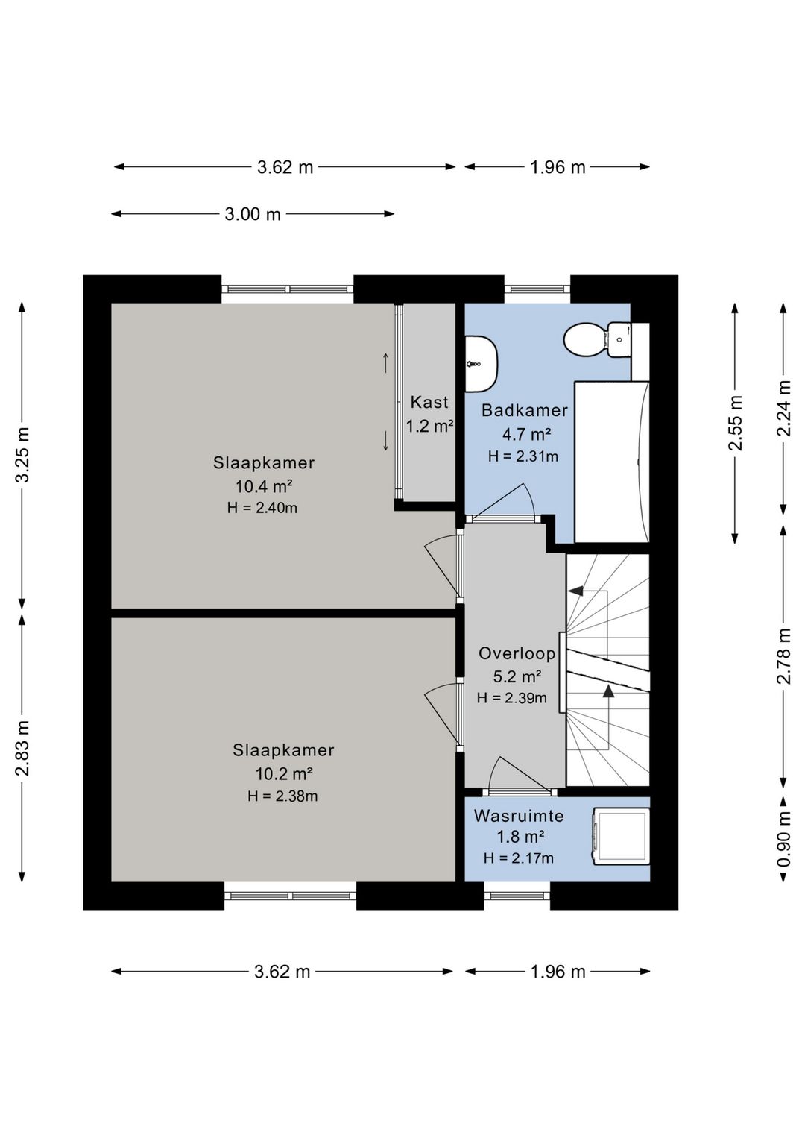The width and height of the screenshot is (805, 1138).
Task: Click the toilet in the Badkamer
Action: pyautogui.click(x=597, y=340)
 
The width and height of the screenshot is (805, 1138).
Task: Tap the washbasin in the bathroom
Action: pyautogui.click(x=481, y=363)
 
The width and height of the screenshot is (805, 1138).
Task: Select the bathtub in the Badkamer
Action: pyautogui.click(x=612, y=462)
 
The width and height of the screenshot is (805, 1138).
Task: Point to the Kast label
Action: pyautogui.click(x=429, y=403)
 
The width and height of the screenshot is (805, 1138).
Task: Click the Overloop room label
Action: pyautogui.click(x=517, y=654)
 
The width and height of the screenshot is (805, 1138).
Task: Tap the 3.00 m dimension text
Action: pyautogui.click(x=253, y=214)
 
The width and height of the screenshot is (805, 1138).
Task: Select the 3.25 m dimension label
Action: pyautogui.click(x=23, y=455)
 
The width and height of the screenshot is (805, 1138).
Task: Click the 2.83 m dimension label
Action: pyautogui.click(x=23, y=748)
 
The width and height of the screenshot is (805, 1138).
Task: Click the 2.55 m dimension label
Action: pyautogui.click(x=736, y=423)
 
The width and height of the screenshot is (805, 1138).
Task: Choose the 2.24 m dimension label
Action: pyautogui.click(x=785, y=409)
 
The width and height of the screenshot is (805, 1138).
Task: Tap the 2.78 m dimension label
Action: pyautogui.click(x=785, y=656)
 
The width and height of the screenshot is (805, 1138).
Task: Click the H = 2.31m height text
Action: pyautogui.click(x=523, y=456)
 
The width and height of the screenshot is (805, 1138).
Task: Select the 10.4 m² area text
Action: pyautogui.click(x=264, y=487)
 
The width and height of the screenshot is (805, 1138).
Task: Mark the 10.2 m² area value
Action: pyautogui.click(x=283, y=774)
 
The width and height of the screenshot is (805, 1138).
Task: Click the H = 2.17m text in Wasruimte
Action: pyautogui.click(x=519, y=858)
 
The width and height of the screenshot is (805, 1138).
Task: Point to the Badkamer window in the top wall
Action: pyautogui.click(x=537, y=289)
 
